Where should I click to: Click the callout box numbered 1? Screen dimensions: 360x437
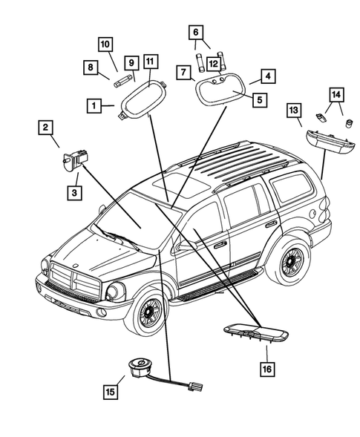coord(94,106)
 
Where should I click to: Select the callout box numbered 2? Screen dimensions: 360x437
coord(45,128)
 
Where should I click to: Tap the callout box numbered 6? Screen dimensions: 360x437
coord(196,33)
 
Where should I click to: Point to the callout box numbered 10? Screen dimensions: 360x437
coord(105,45)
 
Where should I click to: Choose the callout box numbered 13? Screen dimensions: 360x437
coord(294,111)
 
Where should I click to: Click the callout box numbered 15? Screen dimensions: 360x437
coord(110,392)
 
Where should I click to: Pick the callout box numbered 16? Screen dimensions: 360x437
coord(267,369)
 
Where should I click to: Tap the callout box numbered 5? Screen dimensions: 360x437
coord(260,99)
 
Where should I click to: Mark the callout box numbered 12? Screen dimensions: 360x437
coord(214,64)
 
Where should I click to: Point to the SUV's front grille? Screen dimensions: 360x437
coord(75,280)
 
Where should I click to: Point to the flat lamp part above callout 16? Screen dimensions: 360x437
coord(256,332)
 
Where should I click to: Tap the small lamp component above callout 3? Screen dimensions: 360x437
coord(74,160)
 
